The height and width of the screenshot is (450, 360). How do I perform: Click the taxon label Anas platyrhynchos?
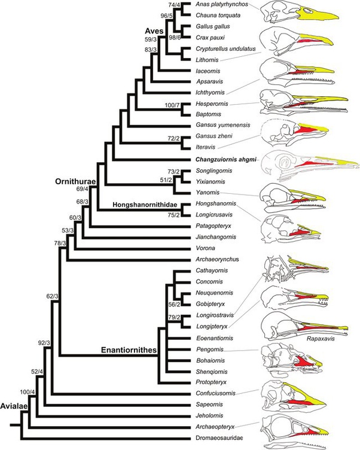219,5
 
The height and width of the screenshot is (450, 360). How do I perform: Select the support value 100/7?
166,105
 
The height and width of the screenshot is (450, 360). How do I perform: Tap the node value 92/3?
45,343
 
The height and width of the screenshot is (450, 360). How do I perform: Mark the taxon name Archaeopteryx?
216,425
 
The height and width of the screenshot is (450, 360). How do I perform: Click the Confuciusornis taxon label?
216,393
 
